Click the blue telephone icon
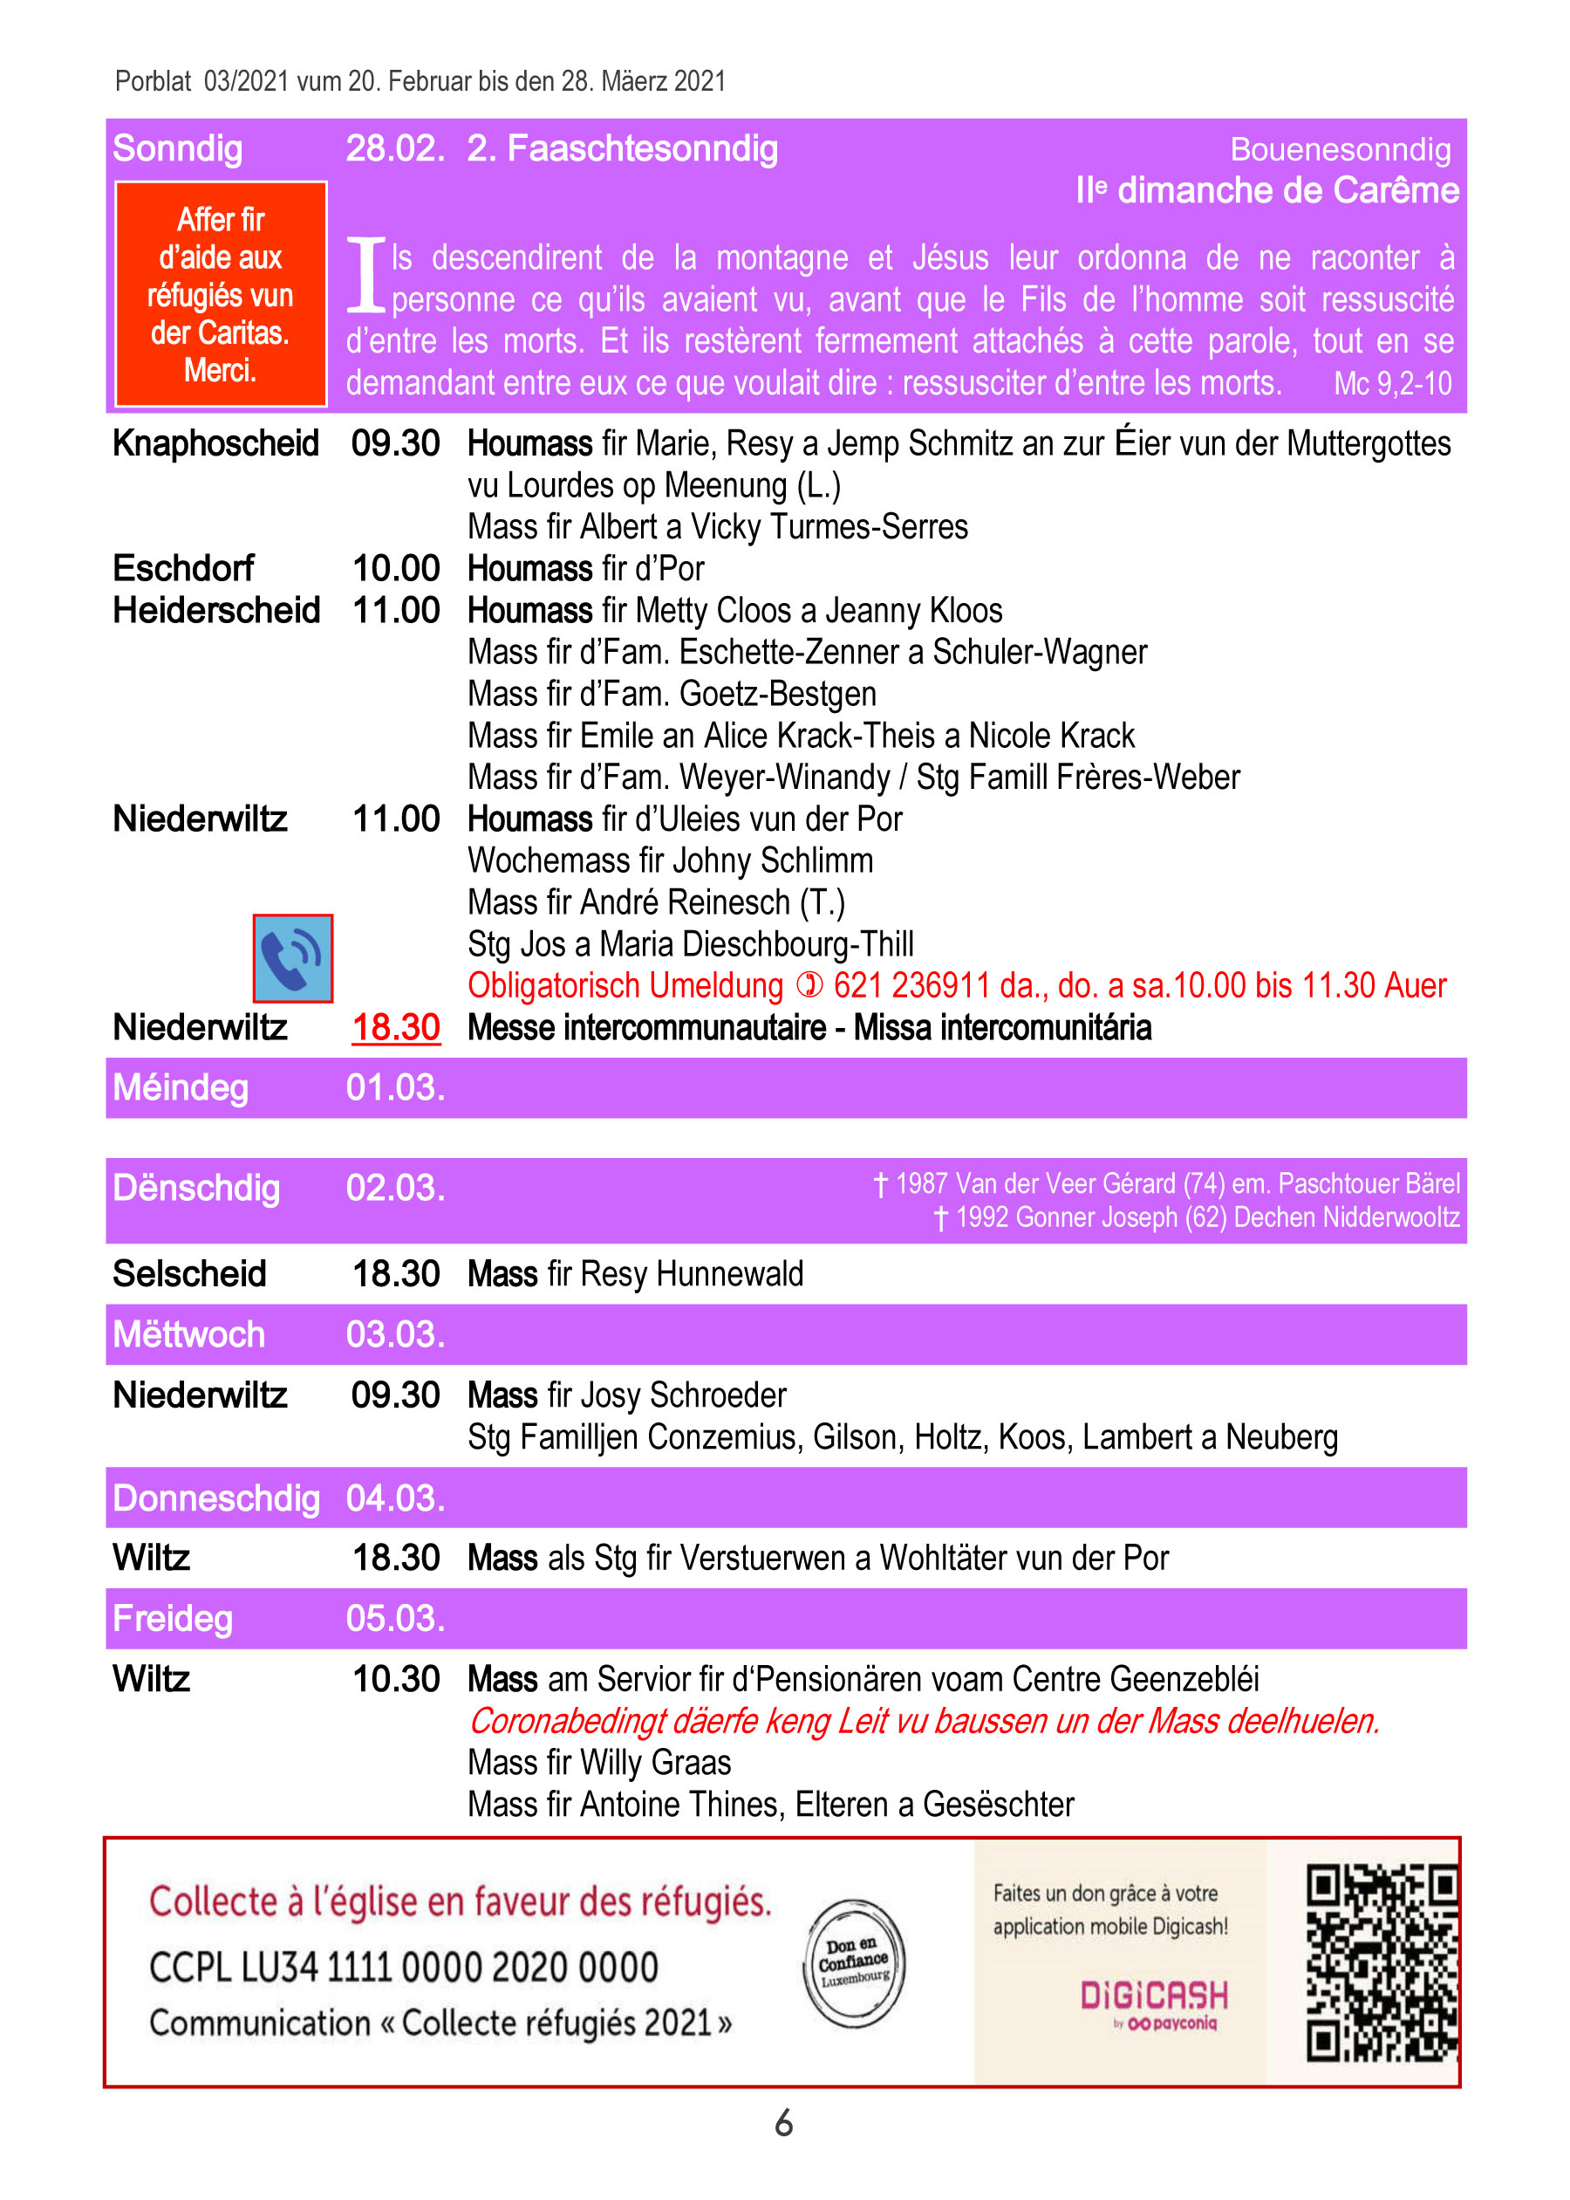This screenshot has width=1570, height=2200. click(292, 957)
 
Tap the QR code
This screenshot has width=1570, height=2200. click(1381, 1962)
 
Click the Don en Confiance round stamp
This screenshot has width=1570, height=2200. click(854, 1962)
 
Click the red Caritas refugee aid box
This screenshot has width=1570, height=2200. click(221, 294)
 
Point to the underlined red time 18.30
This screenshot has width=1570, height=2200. click(395, 1027)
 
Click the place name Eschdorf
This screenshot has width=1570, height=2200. click(182, 569)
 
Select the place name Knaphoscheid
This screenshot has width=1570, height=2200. click(215, 444)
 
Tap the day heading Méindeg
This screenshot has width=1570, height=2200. click(181, 1088)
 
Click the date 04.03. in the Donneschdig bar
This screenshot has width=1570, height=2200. click(395, 1498)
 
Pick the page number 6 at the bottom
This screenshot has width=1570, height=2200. click(784, 2122)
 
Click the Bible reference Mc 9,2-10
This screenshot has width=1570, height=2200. click(1392, 384)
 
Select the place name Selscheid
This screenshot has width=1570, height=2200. click(189, 1273)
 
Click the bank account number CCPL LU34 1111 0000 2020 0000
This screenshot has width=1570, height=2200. click(403, 1968)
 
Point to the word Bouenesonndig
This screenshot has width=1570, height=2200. click(1340, 150)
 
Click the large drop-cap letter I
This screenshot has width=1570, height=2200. click(366, 276)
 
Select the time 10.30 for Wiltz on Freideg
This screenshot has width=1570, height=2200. click(395, 1679)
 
